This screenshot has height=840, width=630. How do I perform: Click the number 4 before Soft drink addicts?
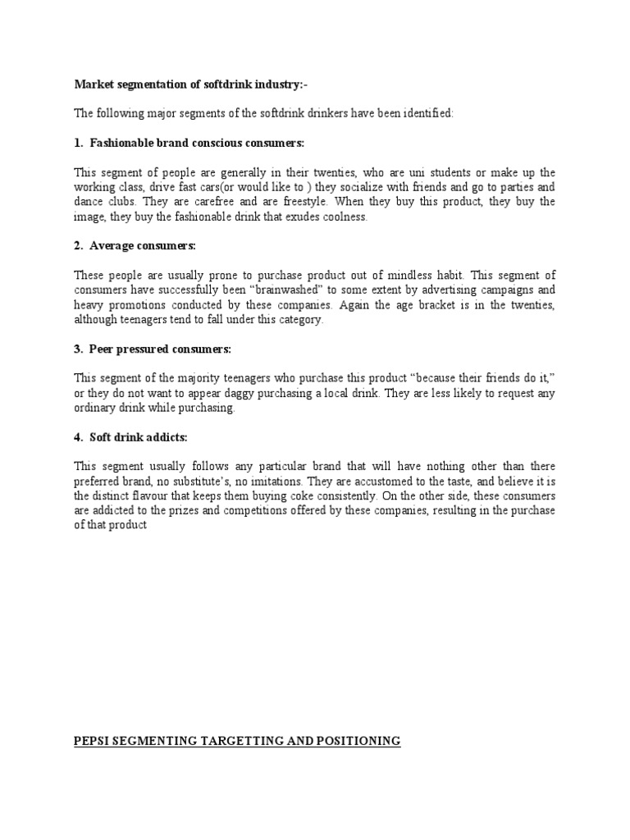[x=78, y=438]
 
